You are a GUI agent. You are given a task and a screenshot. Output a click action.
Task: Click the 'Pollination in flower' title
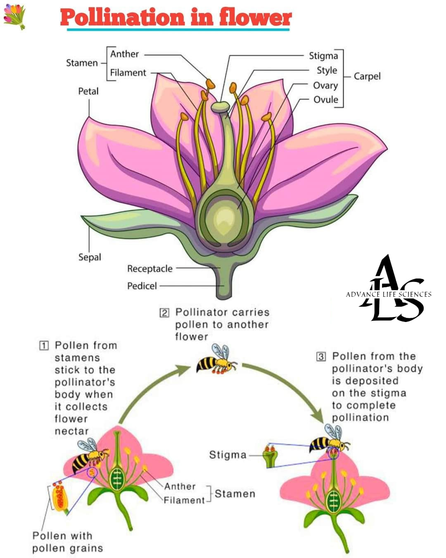click(176, 17)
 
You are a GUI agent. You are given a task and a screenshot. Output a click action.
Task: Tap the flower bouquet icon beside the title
click(15, 17)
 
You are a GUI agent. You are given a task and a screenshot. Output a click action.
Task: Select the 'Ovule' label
click(325, 100)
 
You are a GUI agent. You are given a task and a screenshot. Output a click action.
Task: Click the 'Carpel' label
click(367, 76)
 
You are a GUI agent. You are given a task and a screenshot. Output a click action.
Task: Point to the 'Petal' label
click(88, 91)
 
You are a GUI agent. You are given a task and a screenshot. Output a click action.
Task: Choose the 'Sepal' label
click(90, 257)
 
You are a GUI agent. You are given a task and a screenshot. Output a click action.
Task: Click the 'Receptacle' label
click(150, 269)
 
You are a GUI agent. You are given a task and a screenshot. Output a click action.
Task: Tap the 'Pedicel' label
click(142, 286)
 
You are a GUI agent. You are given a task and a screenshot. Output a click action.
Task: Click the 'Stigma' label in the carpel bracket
click(323, 56)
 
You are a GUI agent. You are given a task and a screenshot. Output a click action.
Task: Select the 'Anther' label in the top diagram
click(124, 54)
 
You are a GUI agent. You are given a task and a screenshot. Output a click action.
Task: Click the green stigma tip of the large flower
click(220, 107)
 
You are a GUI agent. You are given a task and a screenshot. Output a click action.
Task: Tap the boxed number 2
click(164, 313)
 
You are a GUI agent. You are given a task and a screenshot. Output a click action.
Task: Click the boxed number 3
click(321, 357)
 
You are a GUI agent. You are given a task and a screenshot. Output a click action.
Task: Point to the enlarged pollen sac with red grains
click(60, 498)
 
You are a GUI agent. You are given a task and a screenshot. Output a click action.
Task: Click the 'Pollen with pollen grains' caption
click(68, 542)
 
